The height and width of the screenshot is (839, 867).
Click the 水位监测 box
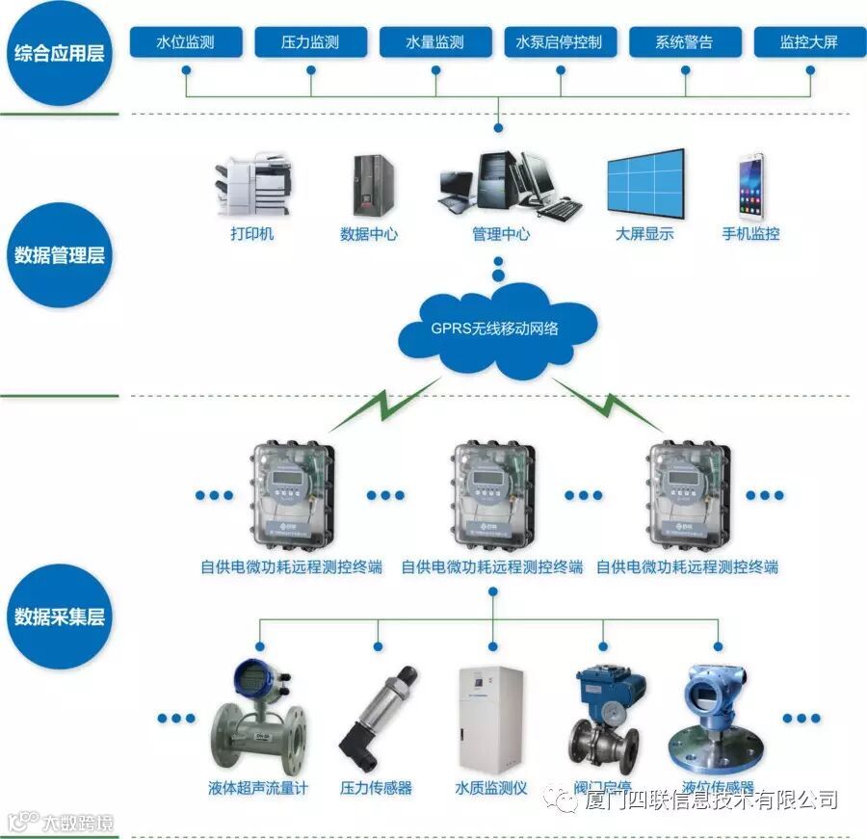pyautogui.click(x=185, y=42)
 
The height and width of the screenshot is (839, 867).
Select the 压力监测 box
pyautogui.click(x=310, y=42)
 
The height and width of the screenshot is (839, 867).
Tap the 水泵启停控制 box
pyautogui.click(x=560, y=42)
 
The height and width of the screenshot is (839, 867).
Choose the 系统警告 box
pyautogui.click(x=685, y=42)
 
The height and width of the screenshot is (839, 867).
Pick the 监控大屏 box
pyautogui.click(x=809, y=42)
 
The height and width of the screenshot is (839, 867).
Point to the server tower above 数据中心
pyautogui.click(x=370, y=185)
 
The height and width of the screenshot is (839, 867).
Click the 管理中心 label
pyautogui.click(x=500, y=234)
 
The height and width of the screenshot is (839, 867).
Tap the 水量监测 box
pyautogui.click(x=435, y=42)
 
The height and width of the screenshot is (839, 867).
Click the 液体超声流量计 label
pyautogui.click(x=258, y=788)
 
